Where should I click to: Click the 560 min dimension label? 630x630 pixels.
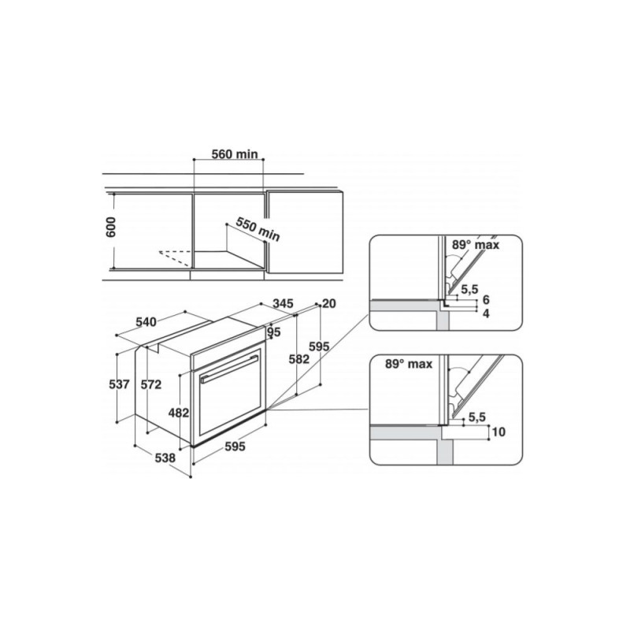tap(235, 154)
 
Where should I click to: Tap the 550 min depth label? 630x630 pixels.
tap(258, 229)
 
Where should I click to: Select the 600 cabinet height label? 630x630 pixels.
tap(110, 227)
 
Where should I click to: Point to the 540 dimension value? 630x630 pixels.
tap(146, 322)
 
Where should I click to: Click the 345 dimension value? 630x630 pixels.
tap(283, 303)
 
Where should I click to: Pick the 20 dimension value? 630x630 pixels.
tap(328, 303)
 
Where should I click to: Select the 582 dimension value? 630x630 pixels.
tap(299, 359)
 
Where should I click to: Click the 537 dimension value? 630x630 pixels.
tap(120, 384)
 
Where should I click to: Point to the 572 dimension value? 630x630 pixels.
tap(151, 384)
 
